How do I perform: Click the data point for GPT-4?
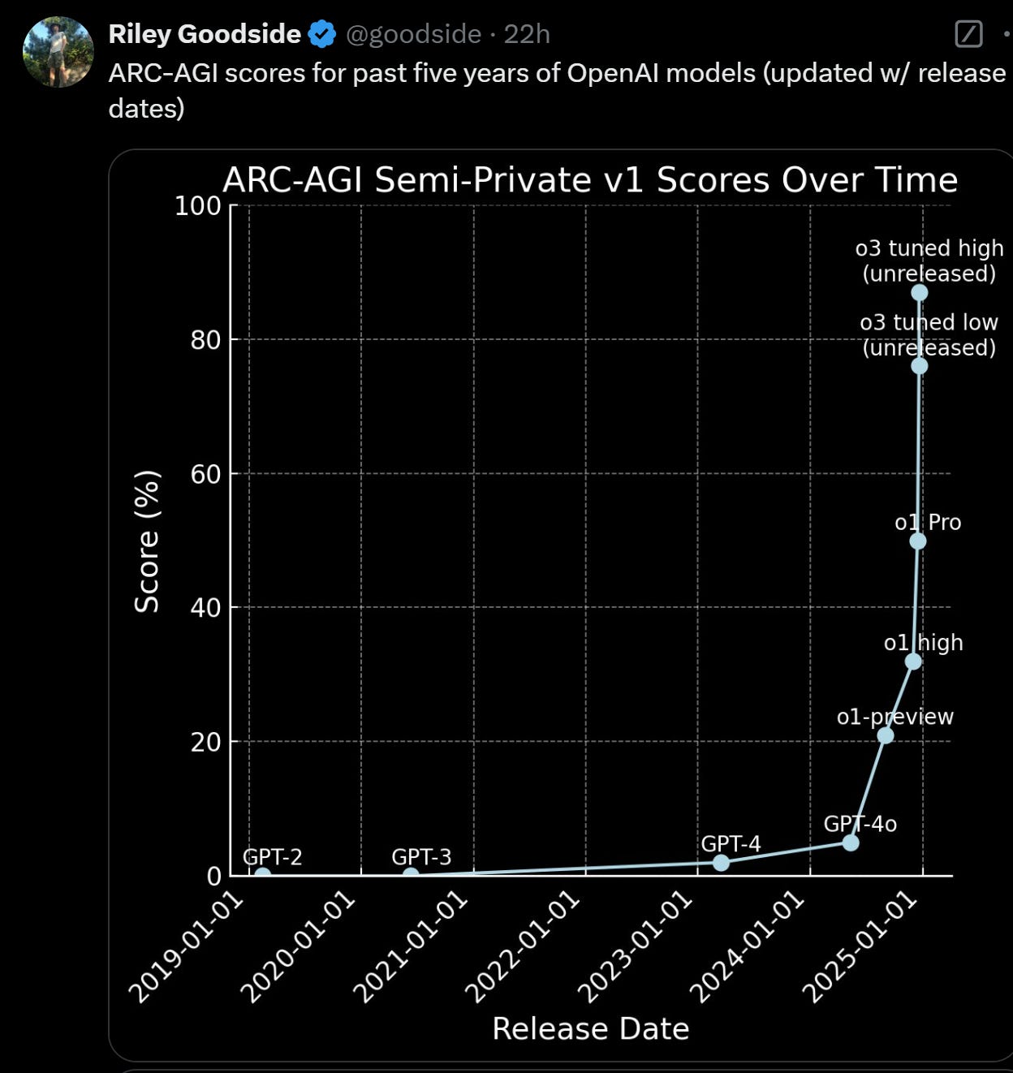[721, 862]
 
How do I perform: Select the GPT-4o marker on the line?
[851, 842]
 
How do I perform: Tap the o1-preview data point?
[886, 735]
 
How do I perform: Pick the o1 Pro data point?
[918, 541]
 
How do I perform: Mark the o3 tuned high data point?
[919, 292]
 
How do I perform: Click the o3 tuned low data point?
[919, 366]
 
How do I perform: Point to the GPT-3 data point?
[412, 874]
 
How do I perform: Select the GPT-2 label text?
[273, 856]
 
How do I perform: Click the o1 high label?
[923, 642]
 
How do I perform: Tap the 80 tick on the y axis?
[206, 339]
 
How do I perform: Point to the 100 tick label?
[198, 206]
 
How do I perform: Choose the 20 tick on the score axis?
[206, 741]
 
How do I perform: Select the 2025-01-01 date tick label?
[860, 947]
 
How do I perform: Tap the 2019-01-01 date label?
[186, 947]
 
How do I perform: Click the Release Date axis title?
[590, 1028]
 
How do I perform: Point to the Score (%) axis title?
[147, 541]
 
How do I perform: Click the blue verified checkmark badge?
[323, 34]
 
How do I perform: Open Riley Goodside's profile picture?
[58, 52]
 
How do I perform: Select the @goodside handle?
[413, 34]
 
